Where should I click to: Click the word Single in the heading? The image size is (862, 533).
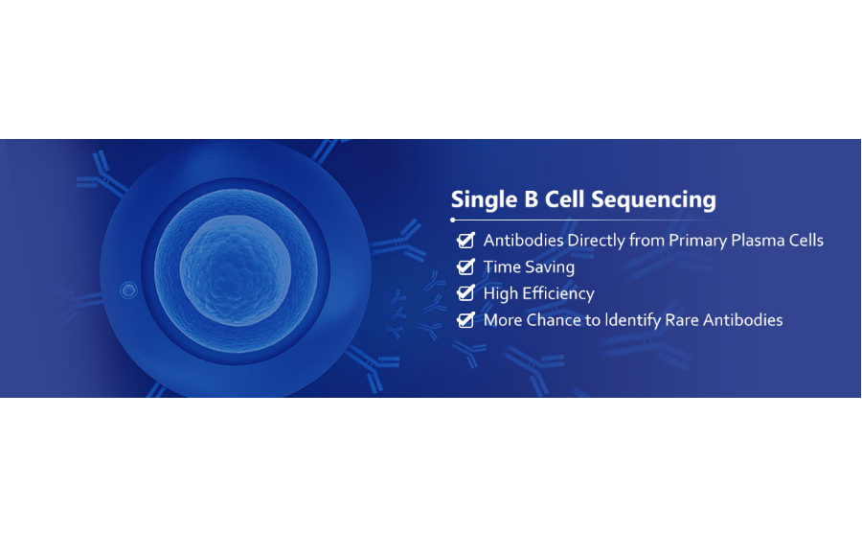click(x=484, y=200)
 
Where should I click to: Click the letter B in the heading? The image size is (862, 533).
click(x=531, y=199)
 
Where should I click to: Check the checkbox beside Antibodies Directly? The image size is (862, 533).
click(x=465, y=241)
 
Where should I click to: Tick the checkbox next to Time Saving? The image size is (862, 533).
click(x=465, y=266)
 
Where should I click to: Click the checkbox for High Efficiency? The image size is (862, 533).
click(x=465, y=293)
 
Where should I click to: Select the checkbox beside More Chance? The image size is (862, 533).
click(x=465, y=319)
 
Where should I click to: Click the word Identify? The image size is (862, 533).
click(x=633, y=321)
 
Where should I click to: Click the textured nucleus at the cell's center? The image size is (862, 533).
click(x=236, y=270)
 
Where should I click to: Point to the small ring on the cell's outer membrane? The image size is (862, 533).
click(x=128, y=290)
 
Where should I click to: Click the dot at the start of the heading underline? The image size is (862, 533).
click(x=452, y=220)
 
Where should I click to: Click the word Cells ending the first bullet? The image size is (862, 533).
click(x=805, y=241)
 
